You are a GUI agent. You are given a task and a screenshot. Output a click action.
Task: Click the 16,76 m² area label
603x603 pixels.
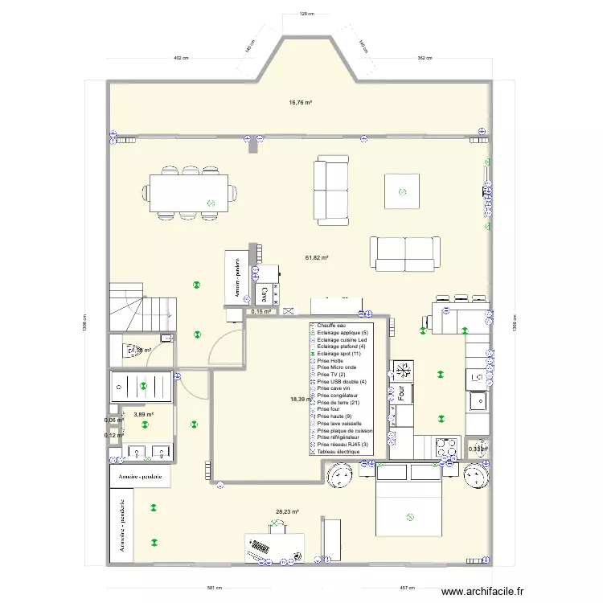click(x=301, y=102)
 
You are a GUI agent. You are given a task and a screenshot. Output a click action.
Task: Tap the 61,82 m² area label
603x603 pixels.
click(x=317, y=257)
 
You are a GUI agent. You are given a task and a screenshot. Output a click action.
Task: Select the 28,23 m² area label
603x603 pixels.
click(x=287, y=511)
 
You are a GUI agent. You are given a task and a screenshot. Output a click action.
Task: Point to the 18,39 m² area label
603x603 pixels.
click(x=299, y=400)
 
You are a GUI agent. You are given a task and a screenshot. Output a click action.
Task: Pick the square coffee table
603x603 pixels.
click(x=402, y=191)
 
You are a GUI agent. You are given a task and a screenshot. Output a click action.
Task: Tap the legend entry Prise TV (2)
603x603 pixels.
click(x=331, y=375)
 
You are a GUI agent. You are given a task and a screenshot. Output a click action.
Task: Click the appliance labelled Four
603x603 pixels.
click(x=400, y=394)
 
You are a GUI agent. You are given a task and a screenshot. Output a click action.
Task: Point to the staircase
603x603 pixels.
click(x=142, y=306)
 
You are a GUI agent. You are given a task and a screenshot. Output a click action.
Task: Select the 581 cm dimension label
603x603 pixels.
click(x=211, y=589)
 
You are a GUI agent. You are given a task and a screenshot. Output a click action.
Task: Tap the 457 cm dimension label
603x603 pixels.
click(x=408, y=589)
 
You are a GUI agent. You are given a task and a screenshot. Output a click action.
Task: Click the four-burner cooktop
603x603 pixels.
click(x=403, y=370)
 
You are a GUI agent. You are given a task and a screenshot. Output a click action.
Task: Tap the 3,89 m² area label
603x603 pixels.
click(x=143, y=414)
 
